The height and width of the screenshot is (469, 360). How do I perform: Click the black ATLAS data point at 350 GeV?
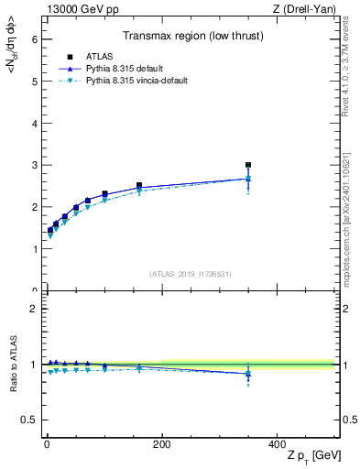pos(248,166)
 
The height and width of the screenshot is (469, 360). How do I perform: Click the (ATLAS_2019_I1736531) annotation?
pos(191,274)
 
